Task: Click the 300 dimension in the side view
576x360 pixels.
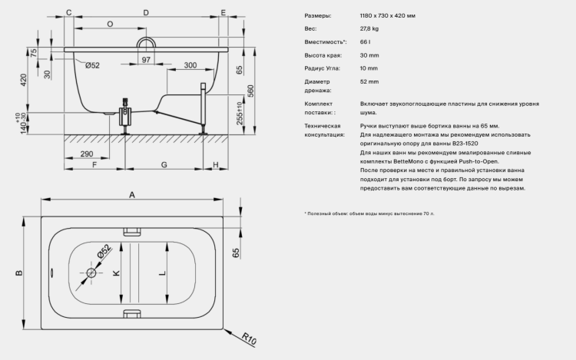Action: pyautogui.click(x=190, y=65)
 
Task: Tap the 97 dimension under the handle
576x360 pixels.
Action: pyautogui.click(x=146, y=59)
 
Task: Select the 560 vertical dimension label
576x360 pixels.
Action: pyautogui.click(x=250, y=91)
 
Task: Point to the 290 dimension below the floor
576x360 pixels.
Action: pyautogui.click(x=87, y=154)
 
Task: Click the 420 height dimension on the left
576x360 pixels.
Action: pyautogui.click(x=24, y=80)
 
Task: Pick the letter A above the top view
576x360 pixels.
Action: pyautogui.click(x=132, y=195)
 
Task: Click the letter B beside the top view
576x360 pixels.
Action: pyautogui.click(x=18, y=272)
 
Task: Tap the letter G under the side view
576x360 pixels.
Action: pyautogui.click(x=164, y=165)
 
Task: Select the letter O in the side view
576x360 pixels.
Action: pyautogui.click(x=110, y=25)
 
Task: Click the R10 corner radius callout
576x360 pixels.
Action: pyautogui.click(x=249, y=339)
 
